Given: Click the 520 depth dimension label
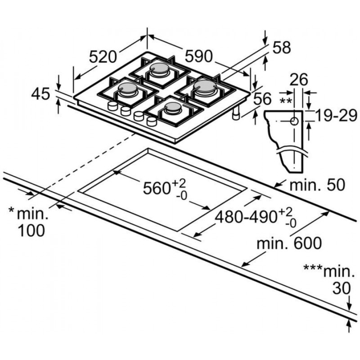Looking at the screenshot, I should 103,57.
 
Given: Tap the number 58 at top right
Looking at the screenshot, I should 282,48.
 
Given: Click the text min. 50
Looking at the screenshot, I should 317,185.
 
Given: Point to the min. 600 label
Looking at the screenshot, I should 289,243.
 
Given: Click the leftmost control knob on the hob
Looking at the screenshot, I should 110,107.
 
